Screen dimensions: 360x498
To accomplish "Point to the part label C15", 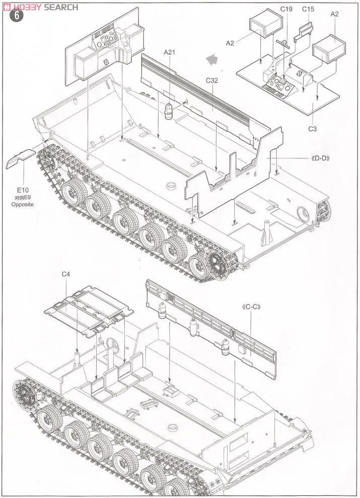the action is click(308, 10).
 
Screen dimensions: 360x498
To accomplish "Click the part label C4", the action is click(66, 274).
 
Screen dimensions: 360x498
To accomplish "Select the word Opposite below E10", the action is click(23, 205).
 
